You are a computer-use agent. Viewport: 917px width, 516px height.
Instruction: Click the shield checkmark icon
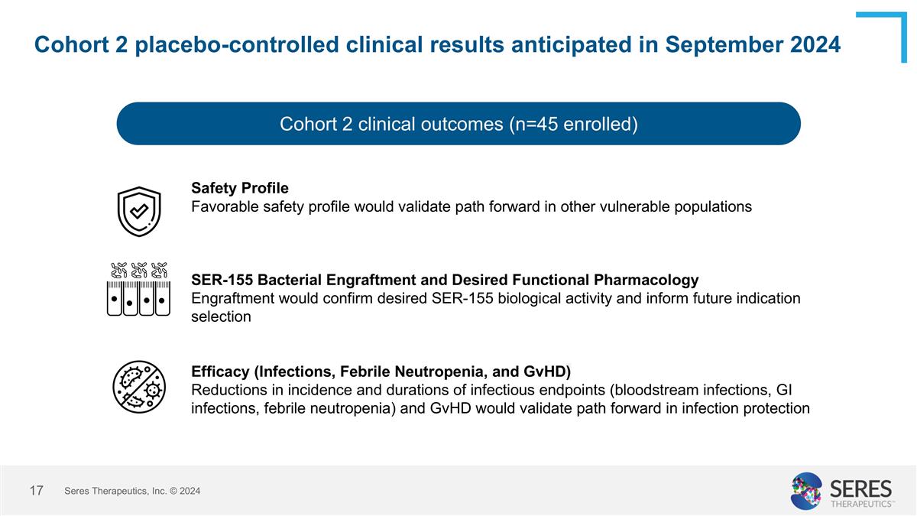(138, 211)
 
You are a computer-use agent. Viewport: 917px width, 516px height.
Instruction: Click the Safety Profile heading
(240, 187)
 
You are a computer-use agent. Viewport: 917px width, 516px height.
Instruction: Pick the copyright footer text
(132, 491)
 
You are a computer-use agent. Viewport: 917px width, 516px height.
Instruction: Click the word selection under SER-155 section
(221, 316)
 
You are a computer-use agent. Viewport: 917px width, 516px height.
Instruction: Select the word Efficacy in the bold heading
(220, 372)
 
